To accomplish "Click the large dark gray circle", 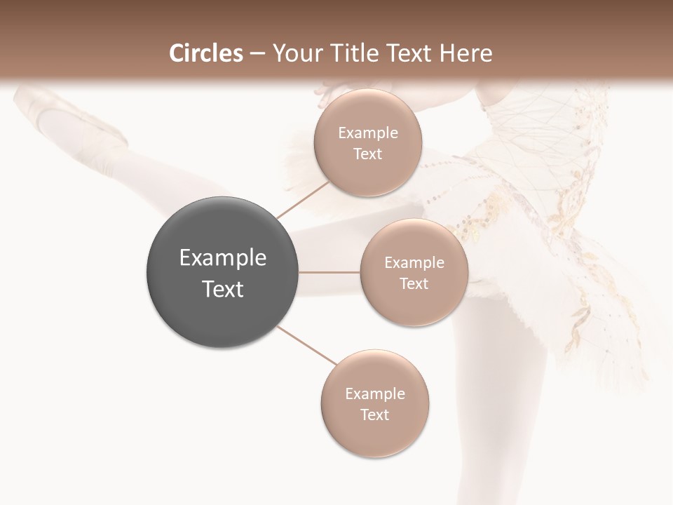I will tap(223, 272).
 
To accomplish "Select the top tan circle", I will tap(367, 142).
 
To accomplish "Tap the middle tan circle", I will tap(414, 272).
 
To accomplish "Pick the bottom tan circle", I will tap(374, 403).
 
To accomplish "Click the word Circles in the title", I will tap(206, 53).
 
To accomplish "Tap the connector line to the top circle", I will tap(303, 198).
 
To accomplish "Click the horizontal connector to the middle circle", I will tap(329, 272).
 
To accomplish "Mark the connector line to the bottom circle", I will tap(307, 346).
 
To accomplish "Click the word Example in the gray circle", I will tap(223, 258).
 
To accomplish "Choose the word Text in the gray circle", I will tap(223, 289).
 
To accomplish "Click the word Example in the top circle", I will tap(368, 133).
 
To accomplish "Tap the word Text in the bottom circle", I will tap(374, 415).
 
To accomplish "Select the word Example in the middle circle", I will tap(414, 262).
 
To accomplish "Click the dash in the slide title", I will tap(257, 53).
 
